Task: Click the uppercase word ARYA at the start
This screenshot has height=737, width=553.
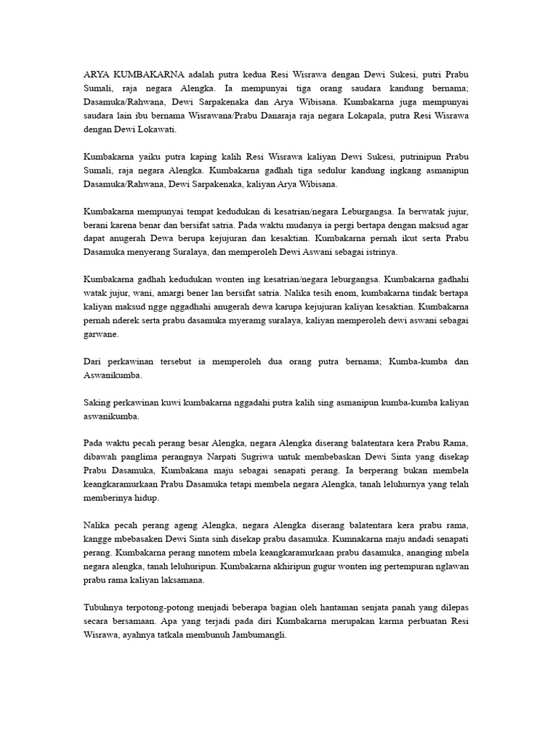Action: click(97, 74)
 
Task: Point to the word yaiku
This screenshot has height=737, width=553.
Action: click(148, 155)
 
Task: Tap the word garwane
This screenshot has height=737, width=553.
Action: click(101, 335)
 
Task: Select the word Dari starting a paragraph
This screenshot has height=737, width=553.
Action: click(94, 361)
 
